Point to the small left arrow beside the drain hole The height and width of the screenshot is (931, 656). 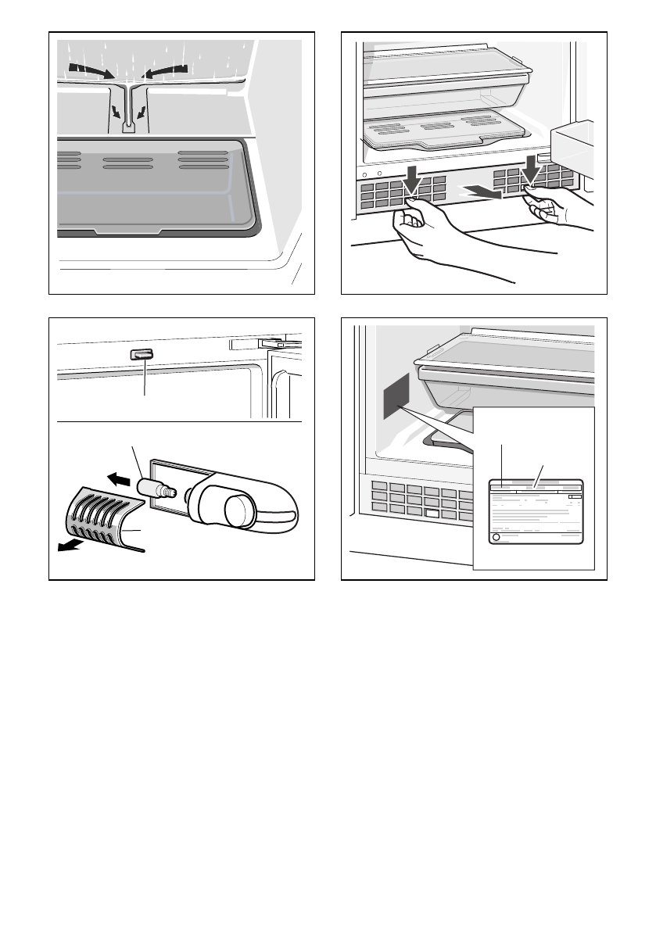[x=116, y=112]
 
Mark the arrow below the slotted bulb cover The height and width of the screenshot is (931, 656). [x=72, y=546]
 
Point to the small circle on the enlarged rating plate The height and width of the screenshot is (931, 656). [x=496, y=538]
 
